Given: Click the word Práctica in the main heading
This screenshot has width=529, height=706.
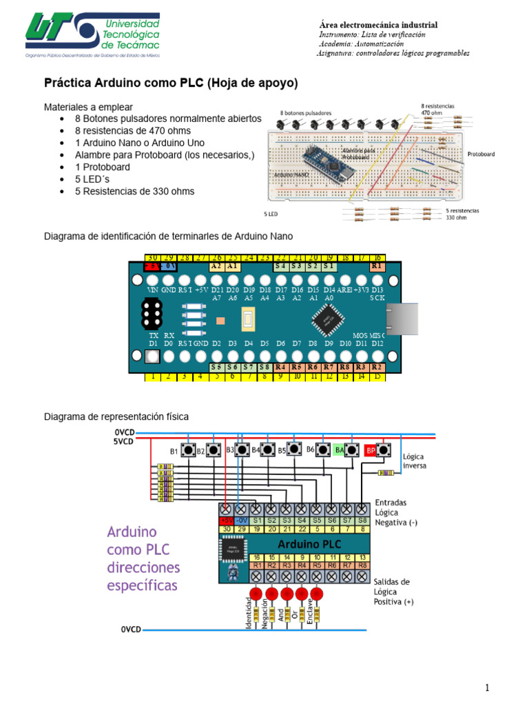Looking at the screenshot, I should pyautogui.click(x=70, y=83).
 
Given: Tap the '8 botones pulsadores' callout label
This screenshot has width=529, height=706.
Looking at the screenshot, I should pyautogui.click(x=306, y=112).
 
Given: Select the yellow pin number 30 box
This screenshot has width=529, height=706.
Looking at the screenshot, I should pyautogui.click(x=152, y=257).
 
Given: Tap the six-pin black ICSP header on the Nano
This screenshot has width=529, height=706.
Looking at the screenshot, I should pyautogui.click(x=152, y=316).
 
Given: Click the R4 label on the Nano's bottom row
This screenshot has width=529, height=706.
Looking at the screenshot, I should pyautogui.click(x=280, y=368).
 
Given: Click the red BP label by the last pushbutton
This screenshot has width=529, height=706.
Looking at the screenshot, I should pyautogui.click(x=370, y=450).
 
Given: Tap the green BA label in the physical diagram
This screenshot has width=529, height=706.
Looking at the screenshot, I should pyautogui.click(x=339, y=450).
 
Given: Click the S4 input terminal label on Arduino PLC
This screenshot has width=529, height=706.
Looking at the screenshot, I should pyautogui.click(x=302, y=520).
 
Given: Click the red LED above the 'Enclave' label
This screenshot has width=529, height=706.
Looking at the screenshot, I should pyautogui.click(x=317, y=593).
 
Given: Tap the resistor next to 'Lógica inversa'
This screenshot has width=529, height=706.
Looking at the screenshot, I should pyautogui.click(x=387, y=473).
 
